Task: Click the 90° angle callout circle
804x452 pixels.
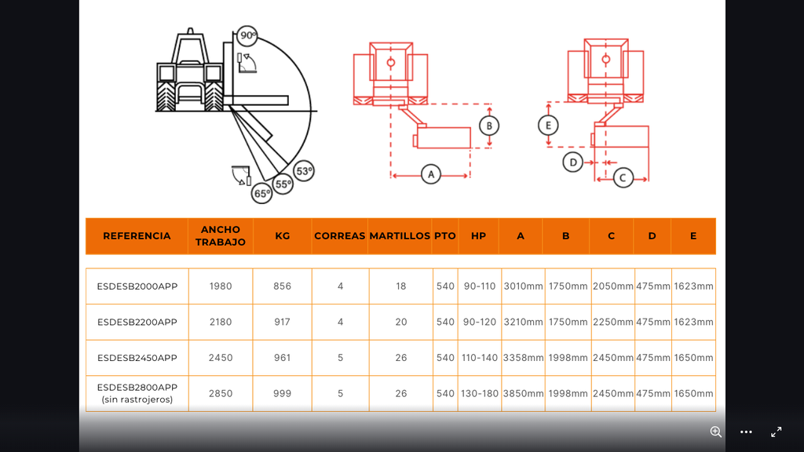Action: click(247, 35)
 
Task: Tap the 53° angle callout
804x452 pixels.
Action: click(304, 170)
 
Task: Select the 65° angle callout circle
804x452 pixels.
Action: click(262, 193)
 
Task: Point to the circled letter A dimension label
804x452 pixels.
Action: click(431, 174)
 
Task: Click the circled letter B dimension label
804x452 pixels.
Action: click(489, 126)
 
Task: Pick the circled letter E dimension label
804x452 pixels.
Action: click(548, 125)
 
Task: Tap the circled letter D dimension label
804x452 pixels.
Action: click(572, 162)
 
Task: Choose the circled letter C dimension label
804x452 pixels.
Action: click(623, 177)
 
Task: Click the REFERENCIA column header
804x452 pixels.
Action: click(137, 235)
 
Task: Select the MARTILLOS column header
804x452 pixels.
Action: click(400, 235)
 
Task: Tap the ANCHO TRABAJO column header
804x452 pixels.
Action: click(221, 235)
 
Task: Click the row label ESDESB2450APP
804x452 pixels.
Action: click(137, 358)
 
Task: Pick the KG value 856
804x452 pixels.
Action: click(283, 286)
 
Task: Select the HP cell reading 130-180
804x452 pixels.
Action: click(480, 394)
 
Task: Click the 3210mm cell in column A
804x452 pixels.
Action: click(523, 322)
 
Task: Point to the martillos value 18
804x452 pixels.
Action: click(401, 286)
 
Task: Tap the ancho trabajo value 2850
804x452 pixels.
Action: click(221, 394)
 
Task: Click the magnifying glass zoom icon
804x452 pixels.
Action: click(716, 432)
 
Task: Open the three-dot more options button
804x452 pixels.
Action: click(746, 432)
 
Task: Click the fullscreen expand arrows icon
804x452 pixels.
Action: click(777, 432)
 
